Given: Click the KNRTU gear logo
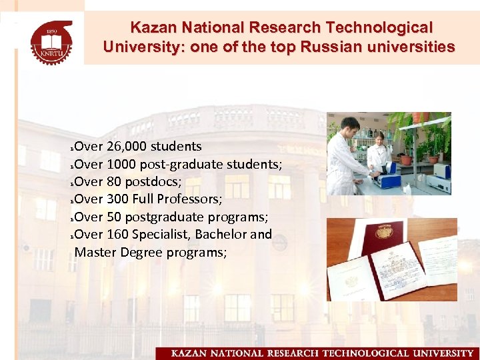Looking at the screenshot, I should pyautogui.click(x=51, y=41).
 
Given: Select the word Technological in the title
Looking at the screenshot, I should pyautogui.click(x=378, y=28).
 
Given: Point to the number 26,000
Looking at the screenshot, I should pyautogui.click(x=127, y=146).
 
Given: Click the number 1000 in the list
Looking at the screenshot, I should pyautogui.click(x=120, y=164).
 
